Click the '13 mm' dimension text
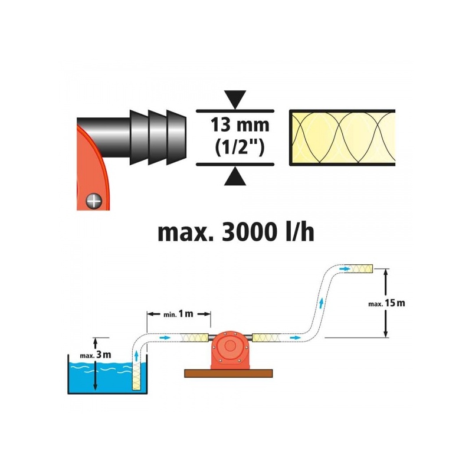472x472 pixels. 240,125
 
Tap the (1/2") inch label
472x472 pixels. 240,148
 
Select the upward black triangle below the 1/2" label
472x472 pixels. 235,176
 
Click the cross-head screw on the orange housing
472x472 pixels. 94,200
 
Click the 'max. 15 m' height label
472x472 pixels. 386,303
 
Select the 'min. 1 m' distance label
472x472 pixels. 178,314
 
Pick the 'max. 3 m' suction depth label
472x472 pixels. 96,355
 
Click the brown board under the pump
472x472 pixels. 228,373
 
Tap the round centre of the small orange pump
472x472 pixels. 230,346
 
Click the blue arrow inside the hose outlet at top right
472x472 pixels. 344,268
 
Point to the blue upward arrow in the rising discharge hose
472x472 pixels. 322,303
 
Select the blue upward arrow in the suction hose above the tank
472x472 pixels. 136,356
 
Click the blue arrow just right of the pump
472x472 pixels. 296,337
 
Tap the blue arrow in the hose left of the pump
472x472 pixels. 165,337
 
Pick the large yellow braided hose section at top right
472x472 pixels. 342,138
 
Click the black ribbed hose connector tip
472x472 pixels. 158,137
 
